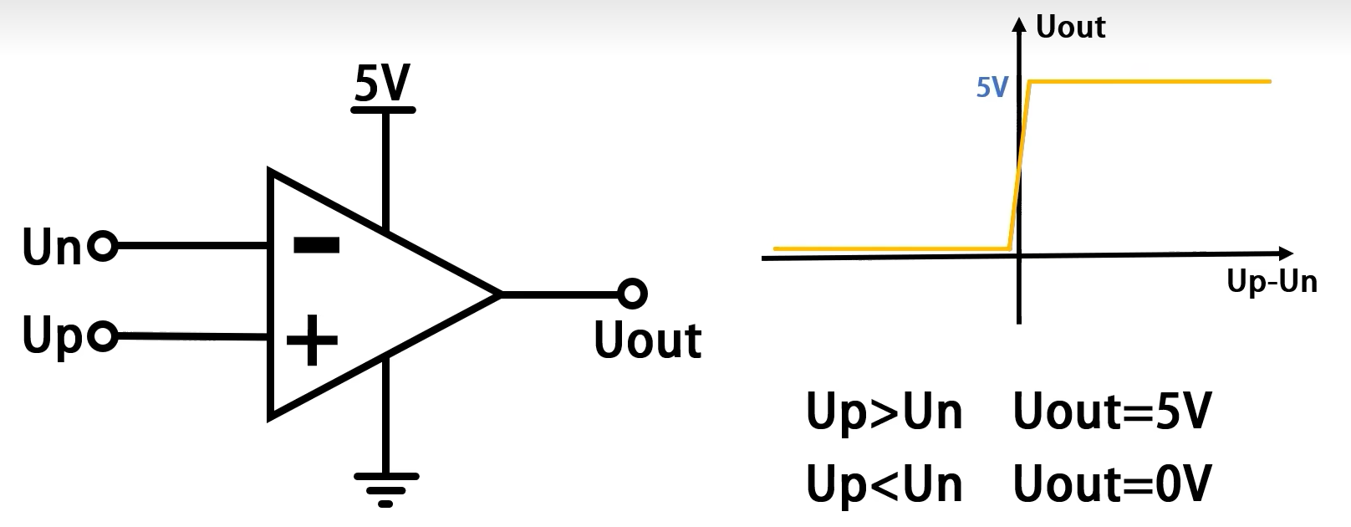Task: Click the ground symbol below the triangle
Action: pos(385,489)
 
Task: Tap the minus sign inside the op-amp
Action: pos(317,244)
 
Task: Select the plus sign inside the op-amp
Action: pos(312,340)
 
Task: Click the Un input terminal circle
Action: pos(104,247)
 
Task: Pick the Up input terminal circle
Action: pos(104,335)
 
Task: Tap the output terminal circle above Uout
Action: pos(633,294)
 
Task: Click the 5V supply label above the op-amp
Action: pos(383,84)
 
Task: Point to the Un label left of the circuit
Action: pos(52,248)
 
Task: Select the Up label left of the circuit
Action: pos(52,336)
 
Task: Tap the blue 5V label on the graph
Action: pos(992,87)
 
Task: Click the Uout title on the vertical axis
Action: pos(1070,28)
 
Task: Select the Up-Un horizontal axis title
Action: pos(1272,281)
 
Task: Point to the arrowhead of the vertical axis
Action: pos(1018,23)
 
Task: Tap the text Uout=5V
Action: pos(1112,412)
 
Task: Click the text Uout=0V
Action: pos(1112,484)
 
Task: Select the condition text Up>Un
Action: pos(884,412)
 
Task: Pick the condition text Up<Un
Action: pos(884,484)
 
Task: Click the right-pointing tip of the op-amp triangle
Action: pos(499,294)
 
